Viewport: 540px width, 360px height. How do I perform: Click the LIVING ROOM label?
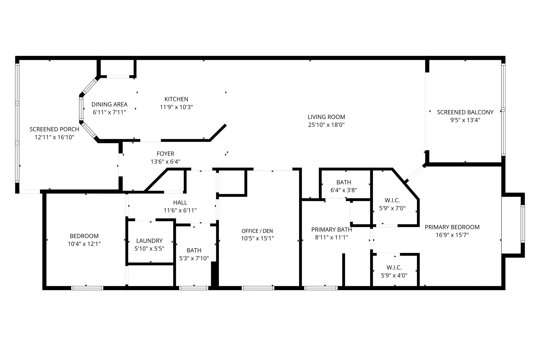[326, 117]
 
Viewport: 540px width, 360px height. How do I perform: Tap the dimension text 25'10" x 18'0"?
[326, 125]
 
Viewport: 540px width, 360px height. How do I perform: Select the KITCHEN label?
[176, 99]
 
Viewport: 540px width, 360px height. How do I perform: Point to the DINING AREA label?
[109, 104]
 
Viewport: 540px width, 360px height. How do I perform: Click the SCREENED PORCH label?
[54, 129]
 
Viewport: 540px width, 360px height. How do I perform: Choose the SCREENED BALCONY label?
[465, 112]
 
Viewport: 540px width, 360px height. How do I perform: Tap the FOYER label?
[165, 153]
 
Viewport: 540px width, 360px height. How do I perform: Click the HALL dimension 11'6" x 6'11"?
[180, 210]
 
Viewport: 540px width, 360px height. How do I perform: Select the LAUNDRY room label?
[149, 241]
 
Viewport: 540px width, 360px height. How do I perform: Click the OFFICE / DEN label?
[257, 231]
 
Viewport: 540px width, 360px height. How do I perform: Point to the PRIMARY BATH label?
[331, 229]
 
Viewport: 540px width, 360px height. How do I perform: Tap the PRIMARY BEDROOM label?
[452, 227]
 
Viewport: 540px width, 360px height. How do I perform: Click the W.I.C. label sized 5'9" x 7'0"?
[392, 200]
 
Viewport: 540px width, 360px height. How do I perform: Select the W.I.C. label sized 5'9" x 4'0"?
[394, 268]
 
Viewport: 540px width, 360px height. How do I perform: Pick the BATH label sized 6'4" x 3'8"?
[344, 182]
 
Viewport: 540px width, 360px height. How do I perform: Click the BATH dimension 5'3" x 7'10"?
[194, 258]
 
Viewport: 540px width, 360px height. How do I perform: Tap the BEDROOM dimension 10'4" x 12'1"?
[84, 244]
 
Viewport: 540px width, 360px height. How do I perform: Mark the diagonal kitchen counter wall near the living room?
[218, 132]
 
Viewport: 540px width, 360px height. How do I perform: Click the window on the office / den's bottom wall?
[258, 288]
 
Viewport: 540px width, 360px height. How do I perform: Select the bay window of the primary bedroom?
[522, 224]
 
